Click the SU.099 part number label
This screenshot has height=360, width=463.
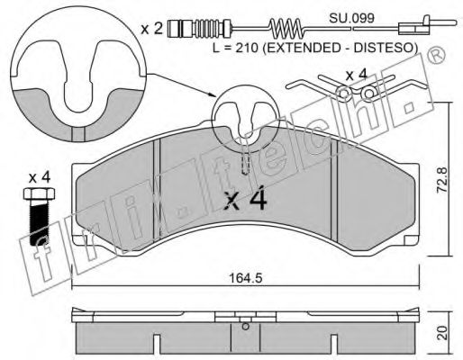coord(351,18)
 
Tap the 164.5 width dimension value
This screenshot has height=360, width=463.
coord(246,278)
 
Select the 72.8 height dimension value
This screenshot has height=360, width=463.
coord(442,180)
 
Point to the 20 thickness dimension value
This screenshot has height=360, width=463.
coord(442,333)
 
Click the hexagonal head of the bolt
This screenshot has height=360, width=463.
coord(39,193)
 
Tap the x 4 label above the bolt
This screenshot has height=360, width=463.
coord(40,178)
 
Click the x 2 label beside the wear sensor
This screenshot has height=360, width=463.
coord(152,29)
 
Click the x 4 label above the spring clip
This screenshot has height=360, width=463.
coord(356,76)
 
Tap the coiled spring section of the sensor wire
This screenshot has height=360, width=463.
coord(286,29)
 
